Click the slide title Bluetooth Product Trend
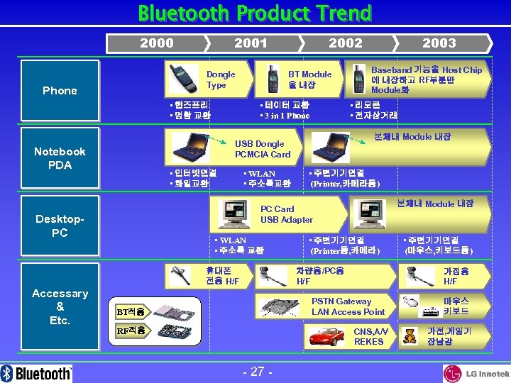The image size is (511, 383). [x=255, y=13]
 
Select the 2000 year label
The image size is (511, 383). [x=157, y=43]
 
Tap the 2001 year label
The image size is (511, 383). [x=251, y=43]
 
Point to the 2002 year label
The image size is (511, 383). [x=345, y=43]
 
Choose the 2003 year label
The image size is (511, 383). [x=439, y=43]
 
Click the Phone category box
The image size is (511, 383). [x=60, y=90]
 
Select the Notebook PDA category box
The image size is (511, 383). [x=60, y=158]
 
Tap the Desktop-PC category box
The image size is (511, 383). [x=60, y=226]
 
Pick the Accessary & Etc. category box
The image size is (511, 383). [x=60, y=306]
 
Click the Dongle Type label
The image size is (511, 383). [x=221, y=79]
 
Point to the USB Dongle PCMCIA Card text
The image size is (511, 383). [x=262, y=149]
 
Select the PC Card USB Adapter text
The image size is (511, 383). [x=286, y=214]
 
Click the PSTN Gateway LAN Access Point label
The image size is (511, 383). [x=348, y=306]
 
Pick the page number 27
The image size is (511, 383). [x=253, y=371]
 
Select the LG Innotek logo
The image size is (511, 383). [x=476, y=372]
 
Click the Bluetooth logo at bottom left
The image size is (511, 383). [x=37, y=372]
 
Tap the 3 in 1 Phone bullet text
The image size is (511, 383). [x=286, y=116]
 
